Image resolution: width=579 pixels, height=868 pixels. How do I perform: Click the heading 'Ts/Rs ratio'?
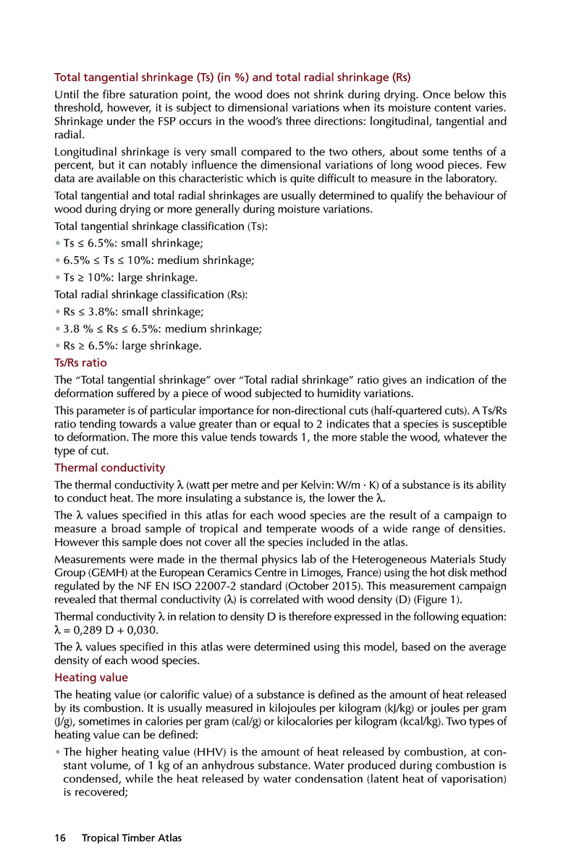tap(81, 362)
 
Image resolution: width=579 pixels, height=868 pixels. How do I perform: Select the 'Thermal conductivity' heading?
tap(110, 467)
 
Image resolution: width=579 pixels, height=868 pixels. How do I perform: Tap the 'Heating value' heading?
tap(91, 677)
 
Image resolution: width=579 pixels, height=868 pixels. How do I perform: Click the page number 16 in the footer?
tap(59, 838)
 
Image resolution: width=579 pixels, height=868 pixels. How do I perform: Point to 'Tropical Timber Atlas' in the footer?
tap(132, 838)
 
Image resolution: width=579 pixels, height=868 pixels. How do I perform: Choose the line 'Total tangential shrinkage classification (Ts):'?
tap(161, 226)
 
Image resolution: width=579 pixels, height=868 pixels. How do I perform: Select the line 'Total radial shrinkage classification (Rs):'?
tap(151, 294)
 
